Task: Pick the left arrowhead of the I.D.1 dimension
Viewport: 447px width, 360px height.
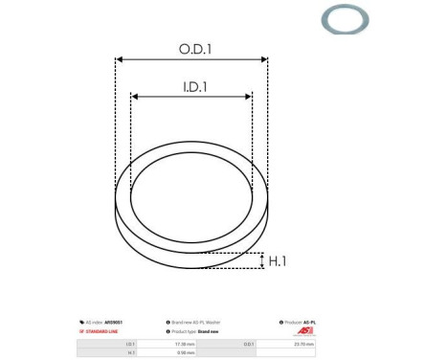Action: coord(135,97)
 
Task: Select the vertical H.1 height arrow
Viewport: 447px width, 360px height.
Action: coord(261,259)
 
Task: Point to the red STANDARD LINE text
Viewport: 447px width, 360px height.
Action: coord(101,331)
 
